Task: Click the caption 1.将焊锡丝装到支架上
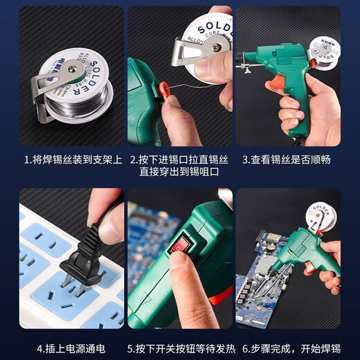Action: [71, 159]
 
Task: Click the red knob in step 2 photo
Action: [165, 89]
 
